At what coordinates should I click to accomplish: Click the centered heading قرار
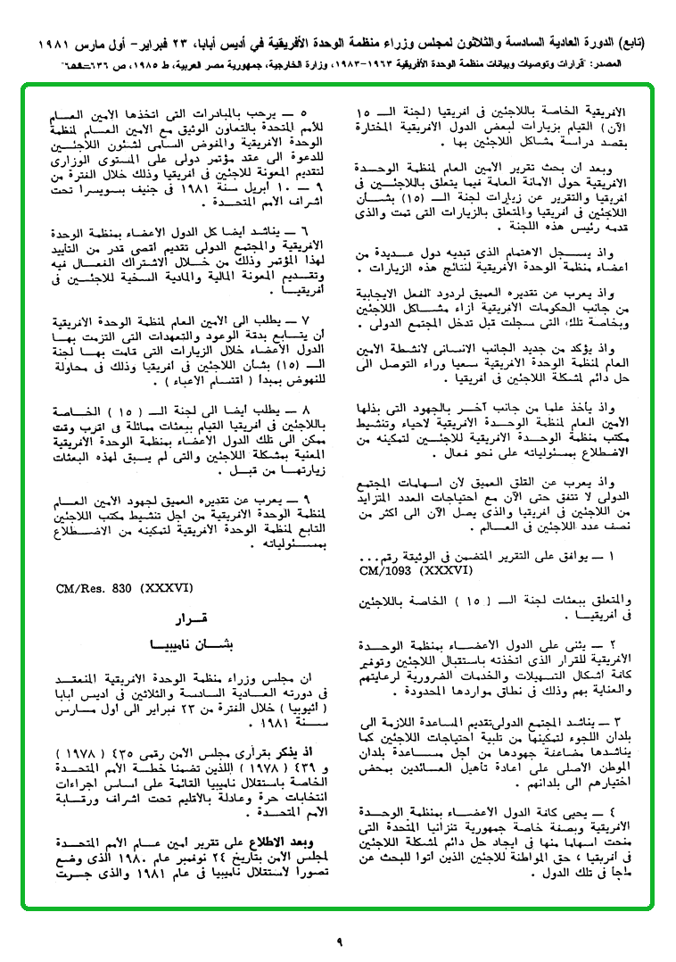(187, 618)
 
